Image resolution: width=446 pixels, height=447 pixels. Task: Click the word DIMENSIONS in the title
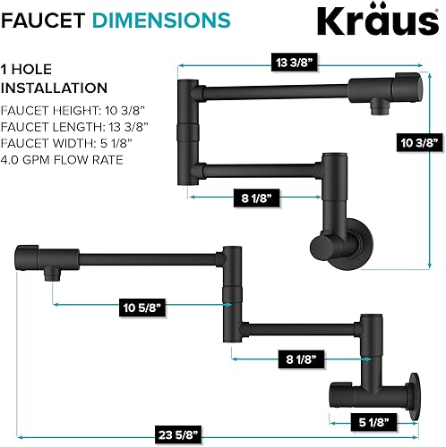[149, 19]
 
